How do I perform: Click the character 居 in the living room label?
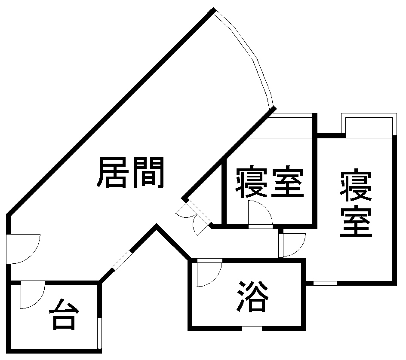[113, 173]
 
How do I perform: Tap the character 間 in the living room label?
[148, 173]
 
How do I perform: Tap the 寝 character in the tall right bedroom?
[356, 186]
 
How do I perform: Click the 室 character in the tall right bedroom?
[356, 223]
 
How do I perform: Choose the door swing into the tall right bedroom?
[293, 245]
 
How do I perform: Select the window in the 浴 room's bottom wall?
[252, 329]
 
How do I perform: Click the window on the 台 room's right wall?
[100, 333]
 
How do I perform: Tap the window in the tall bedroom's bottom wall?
[325, 283]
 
